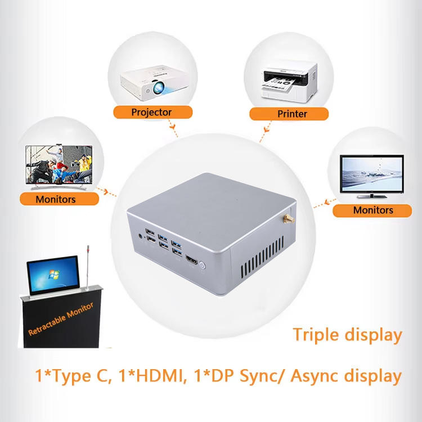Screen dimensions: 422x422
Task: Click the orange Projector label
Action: pyautogui.click(x=151, y=112)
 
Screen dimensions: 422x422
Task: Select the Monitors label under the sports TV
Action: pyautogui.click(x=55, y=199)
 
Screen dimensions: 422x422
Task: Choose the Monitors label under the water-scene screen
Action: pyautogui.click(x=373, y=210)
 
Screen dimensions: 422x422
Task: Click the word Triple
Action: pyautogui.click(x=318, y=335)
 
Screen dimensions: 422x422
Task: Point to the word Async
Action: pyautogui.click(x=324, y=375)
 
